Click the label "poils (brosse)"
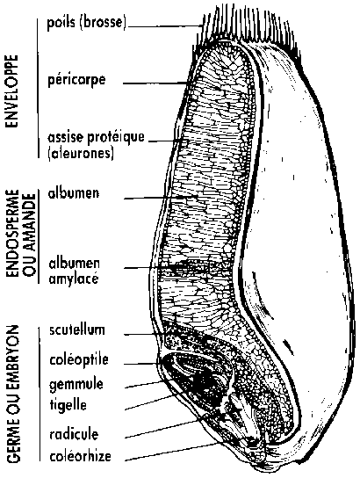pos(87,23)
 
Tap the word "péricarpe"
pos(76,81)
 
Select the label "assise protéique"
pos(96,138)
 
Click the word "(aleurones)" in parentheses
pos(81,153)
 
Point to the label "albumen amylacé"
pos(74,272)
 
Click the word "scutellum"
pos(77,330)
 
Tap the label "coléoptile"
pos(79,359)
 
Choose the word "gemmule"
pos(76,384)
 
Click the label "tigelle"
pos(68,405)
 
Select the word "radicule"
pos(74,434)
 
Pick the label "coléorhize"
pos(81,456)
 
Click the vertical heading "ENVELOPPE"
pos(11,91)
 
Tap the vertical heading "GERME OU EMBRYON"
pos(13,394)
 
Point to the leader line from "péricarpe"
pos(155,83)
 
